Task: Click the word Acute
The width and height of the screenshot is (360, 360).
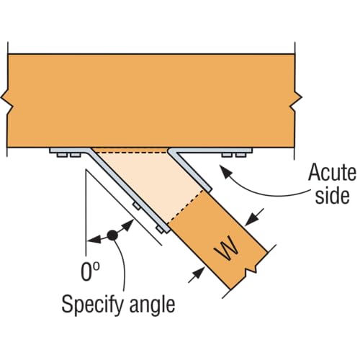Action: click(x=332, y=172)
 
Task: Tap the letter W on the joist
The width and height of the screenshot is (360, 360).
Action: click(x=227, y=248)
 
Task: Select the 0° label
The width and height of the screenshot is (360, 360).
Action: click(x=90, y=271)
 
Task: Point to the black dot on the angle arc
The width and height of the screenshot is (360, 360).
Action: click(x=112, y=235)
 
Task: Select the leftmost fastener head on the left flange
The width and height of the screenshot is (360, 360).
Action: click(x=62, y=155)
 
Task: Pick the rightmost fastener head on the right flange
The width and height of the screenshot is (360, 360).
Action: click(x=241, y=155)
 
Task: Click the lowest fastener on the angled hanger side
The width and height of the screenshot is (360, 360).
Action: click(x=161, y=230)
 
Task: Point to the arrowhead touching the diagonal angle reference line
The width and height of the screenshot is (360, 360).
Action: click(x=129, y=225)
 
